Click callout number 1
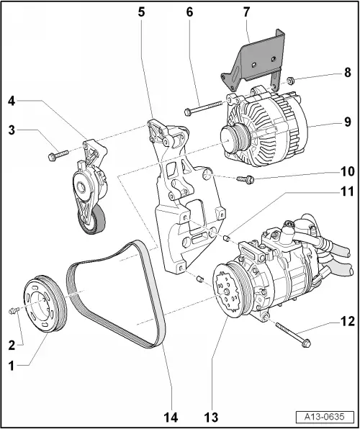[10, 365]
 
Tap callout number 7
[246, 12]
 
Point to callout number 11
[348, 191]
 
